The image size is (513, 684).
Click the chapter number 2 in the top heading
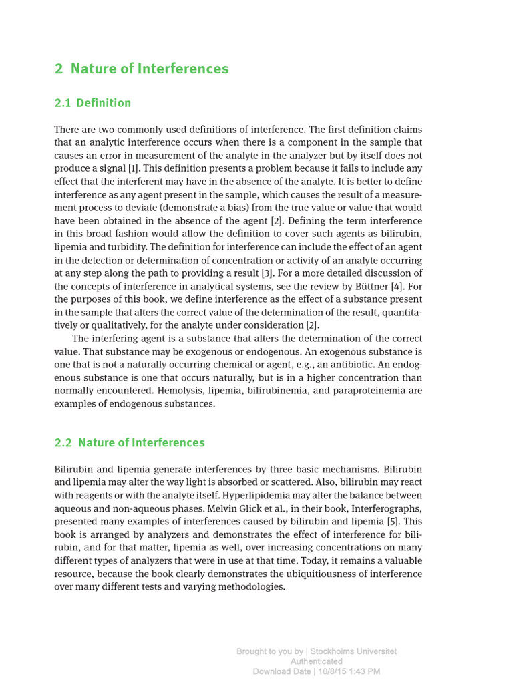(59, 69)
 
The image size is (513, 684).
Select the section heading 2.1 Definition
(92, 103)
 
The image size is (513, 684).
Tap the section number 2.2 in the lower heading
(63, 442)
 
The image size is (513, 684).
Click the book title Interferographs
(389, 508)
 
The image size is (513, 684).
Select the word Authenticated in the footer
(316, 661)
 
